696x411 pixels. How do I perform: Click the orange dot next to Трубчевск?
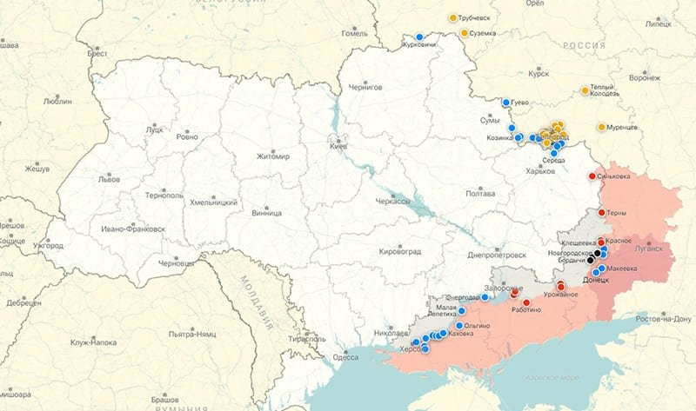(x=453, y=17)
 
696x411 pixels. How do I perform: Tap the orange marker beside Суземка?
(x=465, y=33)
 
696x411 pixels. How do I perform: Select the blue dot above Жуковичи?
(x=419, y=37)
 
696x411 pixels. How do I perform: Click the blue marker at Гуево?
(x=505, y=103)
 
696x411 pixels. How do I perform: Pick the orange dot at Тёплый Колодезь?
(x=586, y=90)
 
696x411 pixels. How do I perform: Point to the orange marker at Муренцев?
(x=601, y=127)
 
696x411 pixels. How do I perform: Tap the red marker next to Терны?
(x=600, y=213)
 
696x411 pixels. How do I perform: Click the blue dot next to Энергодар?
(x=485, y=297)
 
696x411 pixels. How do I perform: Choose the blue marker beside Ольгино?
(x=459, y=326)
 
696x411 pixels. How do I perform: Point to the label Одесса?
(x=345, y=357)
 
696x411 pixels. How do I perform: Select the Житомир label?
(x=272, y=156)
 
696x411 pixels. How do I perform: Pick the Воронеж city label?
(x=644, y=77)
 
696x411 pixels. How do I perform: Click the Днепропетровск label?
(x=497, y=255)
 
